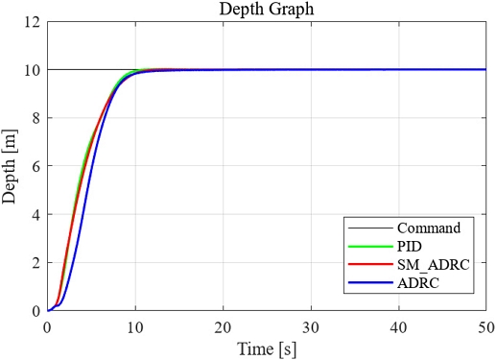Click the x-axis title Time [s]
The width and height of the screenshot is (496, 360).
[x=267, y=348]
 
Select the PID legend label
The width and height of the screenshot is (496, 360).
[x=411, y=247]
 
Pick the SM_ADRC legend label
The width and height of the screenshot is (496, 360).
[x=432, y=265]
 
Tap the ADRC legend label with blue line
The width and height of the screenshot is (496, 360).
[x=419, y=283]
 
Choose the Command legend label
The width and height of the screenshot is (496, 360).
[x=429, y=228]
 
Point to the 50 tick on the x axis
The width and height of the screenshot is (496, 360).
[x=485, y=326]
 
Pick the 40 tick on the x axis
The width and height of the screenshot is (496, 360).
[x=398, y=326]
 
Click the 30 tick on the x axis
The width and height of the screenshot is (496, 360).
[x=310, y=326]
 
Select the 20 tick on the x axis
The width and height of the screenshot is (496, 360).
[x=223, y=326]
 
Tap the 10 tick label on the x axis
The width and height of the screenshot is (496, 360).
[x=135, y=326]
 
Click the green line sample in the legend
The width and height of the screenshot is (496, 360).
[x=369, y=247]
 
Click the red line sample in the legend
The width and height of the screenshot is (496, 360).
[x=369, y=265]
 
